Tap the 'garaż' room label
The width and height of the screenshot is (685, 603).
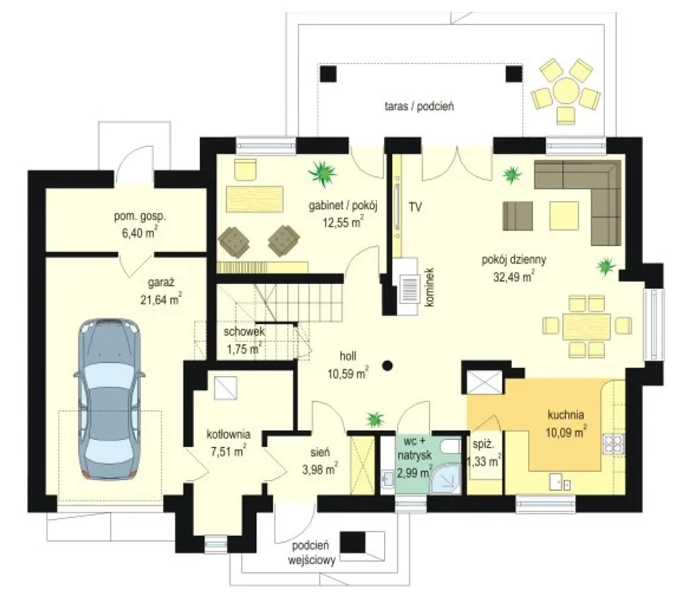click(161, 282)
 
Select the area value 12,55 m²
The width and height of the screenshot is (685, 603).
click(343, 222)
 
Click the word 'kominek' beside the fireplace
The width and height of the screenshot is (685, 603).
click(429, 287)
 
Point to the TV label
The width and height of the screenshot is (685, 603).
click(415, 207)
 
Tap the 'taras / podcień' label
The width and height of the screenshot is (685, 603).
click(419, 106)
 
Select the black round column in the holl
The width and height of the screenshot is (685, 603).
click(387, 365)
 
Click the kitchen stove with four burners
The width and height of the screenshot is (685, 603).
click(613, 443)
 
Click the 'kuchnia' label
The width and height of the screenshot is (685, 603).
click(566, 415)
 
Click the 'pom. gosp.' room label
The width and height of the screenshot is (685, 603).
click(140, 216)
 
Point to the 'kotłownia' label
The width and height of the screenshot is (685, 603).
click(229, 434)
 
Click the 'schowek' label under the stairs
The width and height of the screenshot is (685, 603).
click(244, 331)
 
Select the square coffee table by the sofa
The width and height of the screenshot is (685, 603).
click(564, 216)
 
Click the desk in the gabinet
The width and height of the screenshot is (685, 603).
click(254, 199)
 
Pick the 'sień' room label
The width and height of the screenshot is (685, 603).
click(320, 453)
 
